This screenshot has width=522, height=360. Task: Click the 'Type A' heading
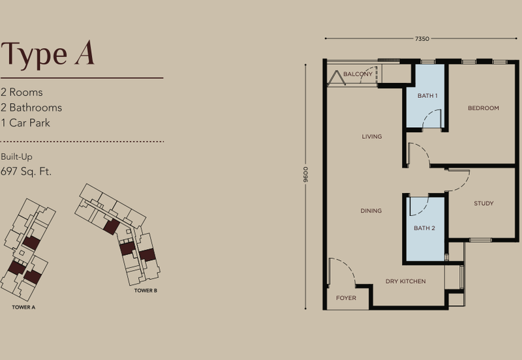[48, 54]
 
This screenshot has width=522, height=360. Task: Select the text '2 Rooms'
[22, 93]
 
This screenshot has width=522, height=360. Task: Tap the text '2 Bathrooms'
[31, 108]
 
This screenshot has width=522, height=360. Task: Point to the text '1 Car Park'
[26, 123]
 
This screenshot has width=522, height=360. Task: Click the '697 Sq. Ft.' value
[26, 172]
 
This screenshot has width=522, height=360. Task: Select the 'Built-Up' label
[17, 157]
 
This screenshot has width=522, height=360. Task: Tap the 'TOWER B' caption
[146, 290]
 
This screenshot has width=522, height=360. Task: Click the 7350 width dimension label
[422, 39]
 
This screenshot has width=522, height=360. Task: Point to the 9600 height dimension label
[305, 175]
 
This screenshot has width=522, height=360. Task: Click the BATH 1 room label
[427, 96]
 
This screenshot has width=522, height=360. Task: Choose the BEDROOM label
[484, 108]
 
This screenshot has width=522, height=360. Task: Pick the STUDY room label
[484, 203]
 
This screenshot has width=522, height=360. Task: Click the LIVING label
[372, 136]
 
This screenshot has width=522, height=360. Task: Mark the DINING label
[371, 211]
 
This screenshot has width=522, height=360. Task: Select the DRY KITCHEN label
[405, 281]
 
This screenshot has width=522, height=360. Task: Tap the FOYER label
[346, 298]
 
